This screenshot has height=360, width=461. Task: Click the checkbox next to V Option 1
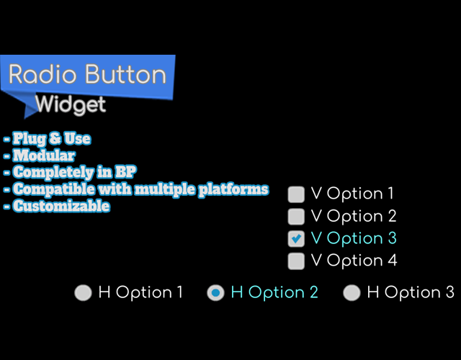296,194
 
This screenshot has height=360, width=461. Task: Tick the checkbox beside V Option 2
296,216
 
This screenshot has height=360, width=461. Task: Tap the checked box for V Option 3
296,238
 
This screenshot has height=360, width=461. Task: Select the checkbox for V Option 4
296,261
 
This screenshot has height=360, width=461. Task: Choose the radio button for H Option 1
84,293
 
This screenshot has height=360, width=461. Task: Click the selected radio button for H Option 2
215,293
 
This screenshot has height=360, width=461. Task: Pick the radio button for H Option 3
352,293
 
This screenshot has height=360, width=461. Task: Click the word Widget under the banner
71,105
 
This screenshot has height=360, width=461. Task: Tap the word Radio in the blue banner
42,74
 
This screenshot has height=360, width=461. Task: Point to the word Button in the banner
126,74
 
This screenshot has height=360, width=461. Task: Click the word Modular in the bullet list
44,156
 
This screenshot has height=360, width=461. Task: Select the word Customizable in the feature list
61,206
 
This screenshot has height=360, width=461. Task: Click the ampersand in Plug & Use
55,138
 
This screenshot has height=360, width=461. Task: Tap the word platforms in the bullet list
233,189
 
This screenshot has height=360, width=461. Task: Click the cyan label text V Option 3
354,238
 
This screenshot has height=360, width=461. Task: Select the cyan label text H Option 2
274,292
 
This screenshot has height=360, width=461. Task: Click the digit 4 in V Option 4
392,260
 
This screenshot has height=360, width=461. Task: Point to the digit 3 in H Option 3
449,292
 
